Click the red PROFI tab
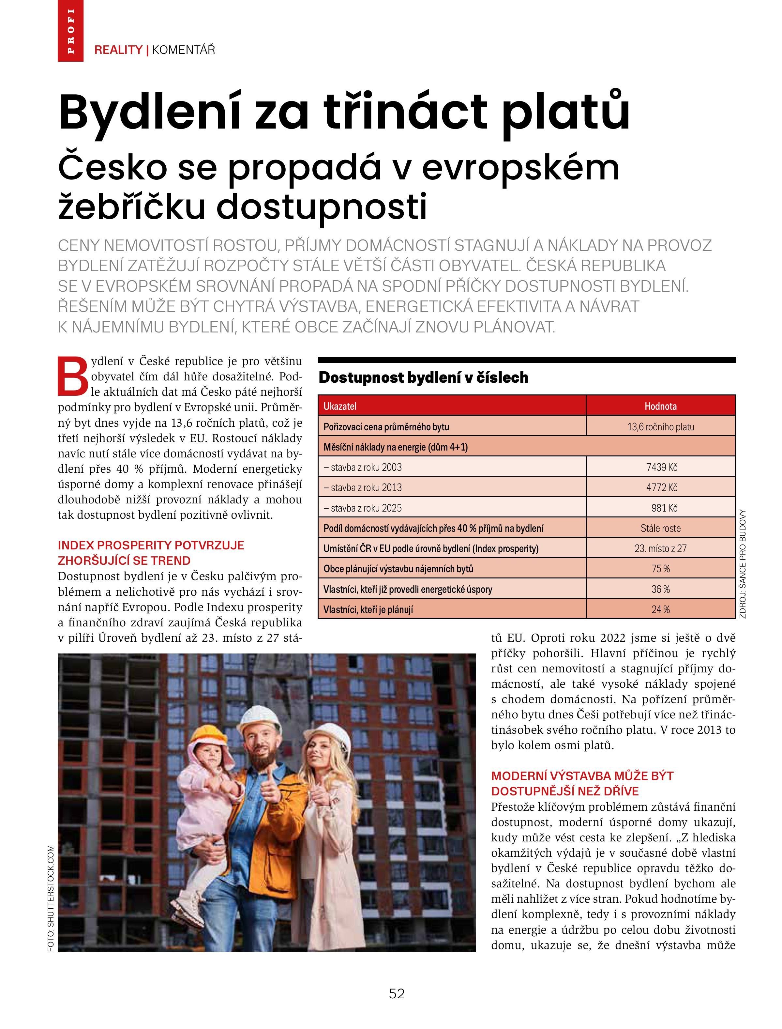coord(70,31)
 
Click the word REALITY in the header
coord(118,50)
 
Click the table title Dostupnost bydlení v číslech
coord(423,377)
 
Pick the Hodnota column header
coord(660,406)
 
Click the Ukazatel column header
coord(340,406)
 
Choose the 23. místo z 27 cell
coord(660,548)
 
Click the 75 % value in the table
coord(660,569)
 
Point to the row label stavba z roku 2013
coord(363,487)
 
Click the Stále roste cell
coord(660,529)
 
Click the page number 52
coord(397,994)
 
